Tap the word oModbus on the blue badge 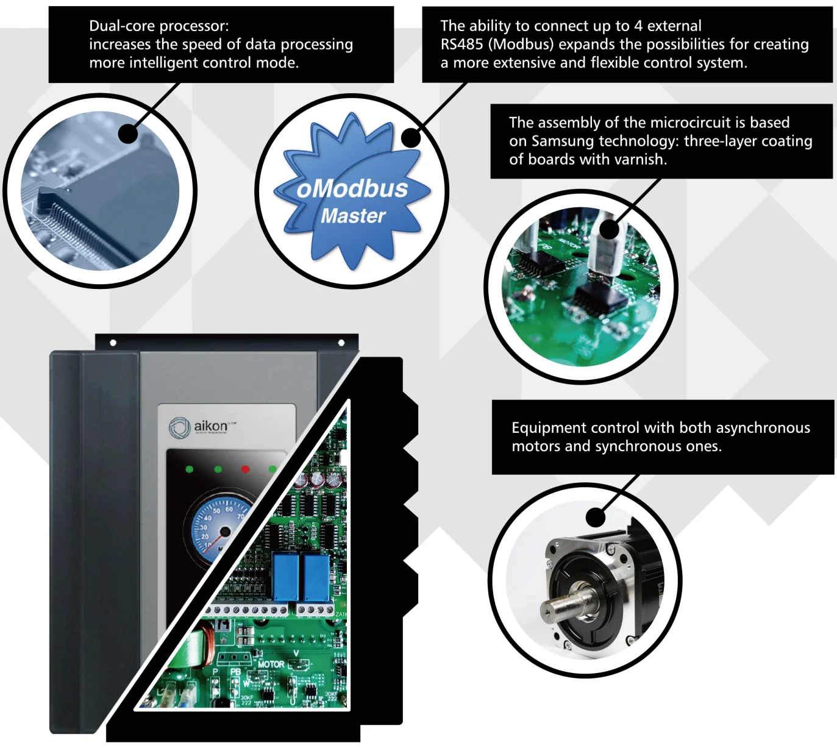(x=352, y=189)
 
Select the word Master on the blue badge (x=353, y=216)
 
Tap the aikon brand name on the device (x=211, y=426)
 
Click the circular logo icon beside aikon (x=179, y=427)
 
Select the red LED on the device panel (x=246, y=469)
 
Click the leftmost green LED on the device (x=190, y=469)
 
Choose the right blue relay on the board (x=316, y=577)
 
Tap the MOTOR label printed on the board (x=271, y=664)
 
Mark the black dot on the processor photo (x=128, y=134)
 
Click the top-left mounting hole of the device (x=113, y=343)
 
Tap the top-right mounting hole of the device (x=341, y=343)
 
